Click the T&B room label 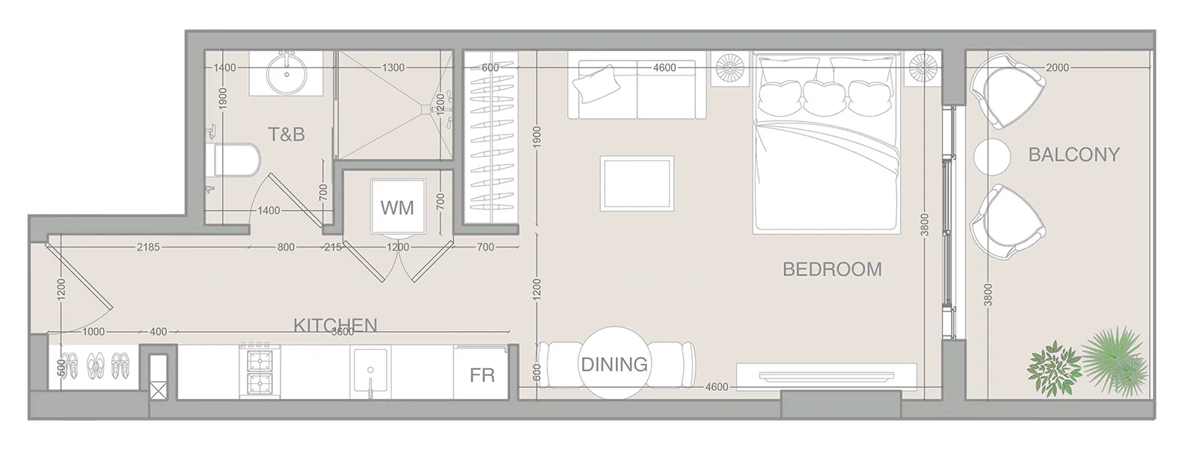click(287, 135)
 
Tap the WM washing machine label click(397, 208)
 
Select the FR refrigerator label click(482, 375)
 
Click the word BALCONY click(1074, 155)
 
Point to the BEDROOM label click(832, 269)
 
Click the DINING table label click(614, 365)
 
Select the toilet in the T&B click(236, 159)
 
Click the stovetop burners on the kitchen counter click(260, 372)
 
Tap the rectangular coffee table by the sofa click(637, 184)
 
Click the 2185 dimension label click(148, 247)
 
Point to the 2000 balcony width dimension click(1058, 68)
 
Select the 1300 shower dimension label click(393, 68)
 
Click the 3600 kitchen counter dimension click(343, 332)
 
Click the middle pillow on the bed click(824, 96)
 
